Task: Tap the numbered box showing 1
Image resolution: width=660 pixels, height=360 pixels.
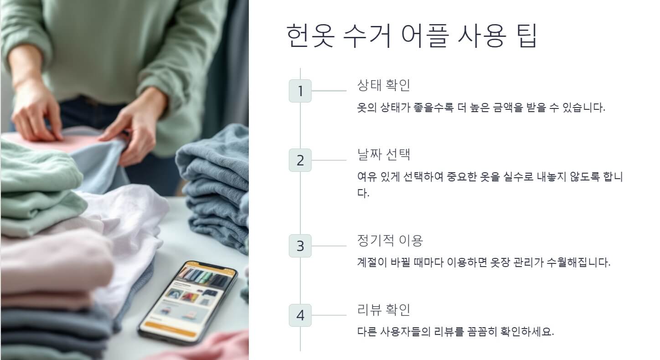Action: (300, 91)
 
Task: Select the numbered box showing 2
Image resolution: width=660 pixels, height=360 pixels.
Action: (300, 160)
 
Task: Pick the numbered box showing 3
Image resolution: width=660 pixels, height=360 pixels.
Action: (300, 246)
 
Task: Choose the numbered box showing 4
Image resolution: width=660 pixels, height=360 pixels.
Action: (300, 315)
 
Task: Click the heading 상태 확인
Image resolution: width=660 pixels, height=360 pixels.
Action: (384, 85)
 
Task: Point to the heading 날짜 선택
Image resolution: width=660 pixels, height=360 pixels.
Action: (384, 154)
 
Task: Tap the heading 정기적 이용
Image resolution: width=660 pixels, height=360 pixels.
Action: (390, 240)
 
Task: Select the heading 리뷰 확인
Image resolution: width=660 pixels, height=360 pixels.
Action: (384, 309)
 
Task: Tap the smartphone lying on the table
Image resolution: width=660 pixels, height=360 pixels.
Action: (187, 303)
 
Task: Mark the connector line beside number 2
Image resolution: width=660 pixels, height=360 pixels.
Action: (329, 160)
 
